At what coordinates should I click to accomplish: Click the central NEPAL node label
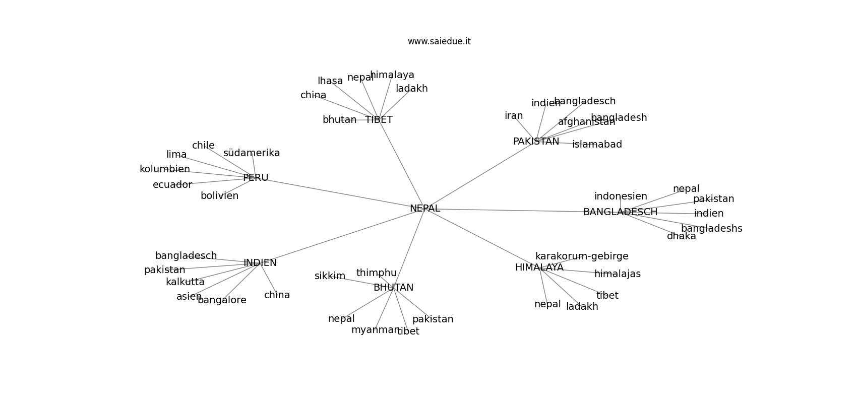click(x=424, y=209)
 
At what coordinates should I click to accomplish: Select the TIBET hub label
click(x=379, y=120)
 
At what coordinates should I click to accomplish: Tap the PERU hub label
click(x=256, y=178)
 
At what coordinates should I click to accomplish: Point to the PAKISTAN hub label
click(x=536, y=142)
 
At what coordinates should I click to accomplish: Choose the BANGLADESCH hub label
click(x=620, y=212)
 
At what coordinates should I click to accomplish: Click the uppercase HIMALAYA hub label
click(x=539, y=267)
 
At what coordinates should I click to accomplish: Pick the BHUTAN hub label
click(x=393, y=288)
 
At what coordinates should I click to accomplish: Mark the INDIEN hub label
click(x=260, y=263)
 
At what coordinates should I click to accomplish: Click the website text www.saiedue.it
click(x=439, y=41)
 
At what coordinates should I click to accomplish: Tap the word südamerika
click(x=252, y=153)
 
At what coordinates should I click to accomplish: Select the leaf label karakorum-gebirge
click(x=582, y=256)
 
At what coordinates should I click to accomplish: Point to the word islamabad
click(x=597, y=145)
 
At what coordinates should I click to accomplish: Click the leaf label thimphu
click(x=376, y=273)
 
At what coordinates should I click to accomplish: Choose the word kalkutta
click(x=185, y=282)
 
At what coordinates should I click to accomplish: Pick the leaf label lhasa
click(x=330, y=81)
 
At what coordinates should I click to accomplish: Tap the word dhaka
click(x=681, y=236)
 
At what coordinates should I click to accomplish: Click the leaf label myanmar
click(x=375, y=330)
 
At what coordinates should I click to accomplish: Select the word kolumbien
click(x=165, y=169)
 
